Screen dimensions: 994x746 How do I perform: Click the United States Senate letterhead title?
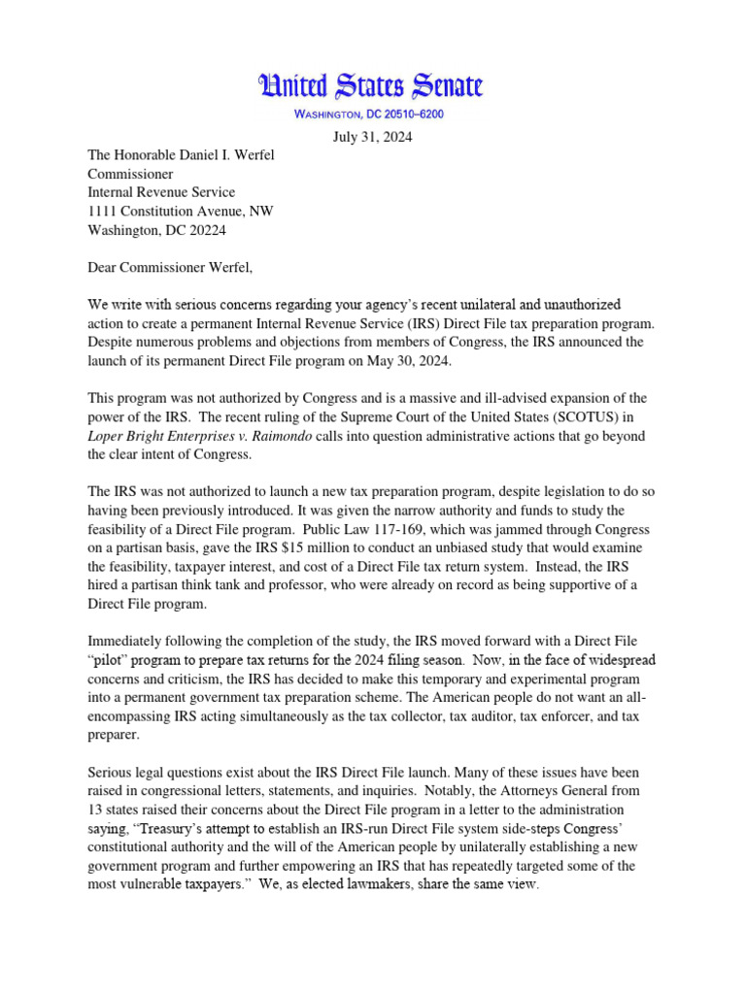coord(369,86)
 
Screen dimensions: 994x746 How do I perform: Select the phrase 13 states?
coord(121,809)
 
